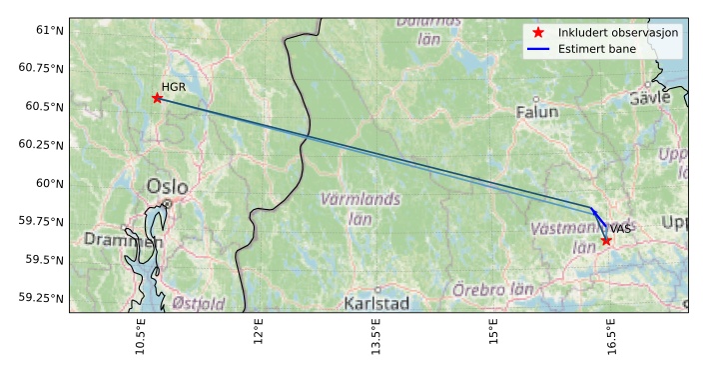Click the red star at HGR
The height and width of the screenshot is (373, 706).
[157, 97]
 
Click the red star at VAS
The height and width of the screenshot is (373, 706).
[606, 240]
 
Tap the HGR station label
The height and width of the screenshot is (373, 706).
[174, 87]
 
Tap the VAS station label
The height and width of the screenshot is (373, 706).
[621, 229]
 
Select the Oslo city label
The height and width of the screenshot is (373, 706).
[167, 187]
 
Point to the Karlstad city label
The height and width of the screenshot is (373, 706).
[375, 303]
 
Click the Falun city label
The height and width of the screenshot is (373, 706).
[537, 112]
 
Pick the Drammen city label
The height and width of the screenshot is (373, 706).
[123, 240]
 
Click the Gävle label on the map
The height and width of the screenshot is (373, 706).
[650, 98]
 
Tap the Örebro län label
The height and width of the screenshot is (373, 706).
[492, 289]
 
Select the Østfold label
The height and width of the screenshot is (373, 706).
[198, 303]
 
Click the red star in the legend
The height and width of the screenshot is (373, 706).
[538, 33]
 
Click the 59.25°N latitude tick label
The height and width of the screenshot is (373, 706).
[41, 298]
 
